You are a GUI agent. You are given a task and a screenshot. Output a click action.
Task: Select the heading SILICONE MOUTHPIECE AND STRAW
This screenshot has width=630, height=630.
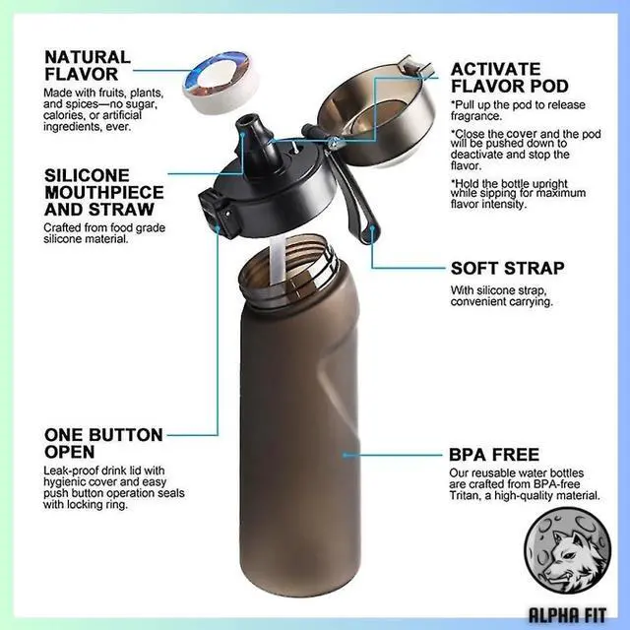tap(99, 191)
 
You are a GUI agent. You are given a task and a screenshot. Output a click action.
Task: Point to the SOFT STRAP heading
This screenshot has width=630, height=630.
tap(507, 268)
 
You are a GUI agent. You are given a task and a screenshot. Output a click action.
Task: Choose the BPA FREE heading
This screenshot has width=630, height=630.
tap(494, 455)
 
